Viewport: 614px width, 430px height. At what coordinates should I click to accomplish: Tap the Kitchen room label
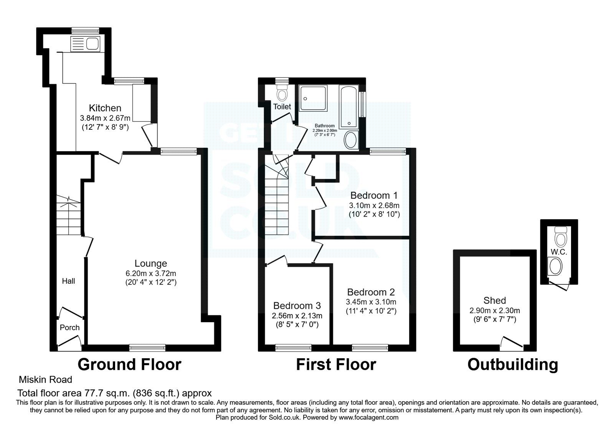pyautogui.click(x=105, y=108)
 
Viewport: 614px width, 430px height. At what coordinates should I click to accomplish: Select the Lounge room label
pyautogui.click(x=151, y=263)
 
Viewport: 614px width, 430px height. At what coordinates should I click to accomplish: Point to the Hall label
pyautogui.click(x=69, y=281)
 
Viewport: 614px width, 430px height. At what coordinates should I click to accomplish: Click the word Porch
pyautogui.click(x=70, y=327)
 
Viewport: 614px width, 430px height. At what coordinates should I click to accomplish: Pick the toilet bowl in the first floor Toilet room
pyautogui.click(x=283, y=93)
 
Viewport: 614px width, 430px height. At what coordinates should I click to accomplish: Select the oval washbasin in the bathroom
pyautogui.click(x=351, y=140)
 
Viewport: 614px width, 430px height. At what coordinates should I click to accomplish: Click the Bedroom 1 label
pyautogui.click(x=374, y=195)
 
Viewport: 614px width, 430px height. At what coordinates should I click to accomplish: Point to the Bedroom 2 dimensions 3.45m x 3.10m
pyautogui.click(x=371, y=302)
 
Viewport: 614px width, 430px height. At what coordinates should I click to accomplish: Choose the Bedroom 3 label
pyautogui.click(x=297, y=306)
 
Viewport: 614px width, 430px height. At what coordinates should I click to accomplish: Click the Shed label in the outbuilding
pyautogui.click(x=495, y=300)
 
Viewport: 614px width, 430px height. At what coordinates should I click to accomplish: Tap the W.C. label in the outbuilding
pyautogui.click(x=559, y=252)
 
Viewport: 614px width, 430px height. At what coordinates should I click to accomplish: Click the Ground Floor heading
pyautogui.click(x=129, y=364)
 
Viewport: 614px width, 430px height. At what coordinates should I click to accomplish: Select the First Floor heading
pyautogui.click(x=336, y=364)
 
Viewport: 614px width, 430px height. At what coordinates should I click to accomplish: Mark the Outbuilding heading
pyautogui.click(x=513, y=364)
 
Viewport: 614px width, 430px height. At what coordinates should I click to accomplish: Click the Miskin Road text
pyautogui.click(x=45, y=380)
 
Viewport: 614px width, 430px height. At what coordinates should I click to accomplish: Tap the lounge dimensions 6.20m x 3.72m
pyautogui.click(x=151, y=273)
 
